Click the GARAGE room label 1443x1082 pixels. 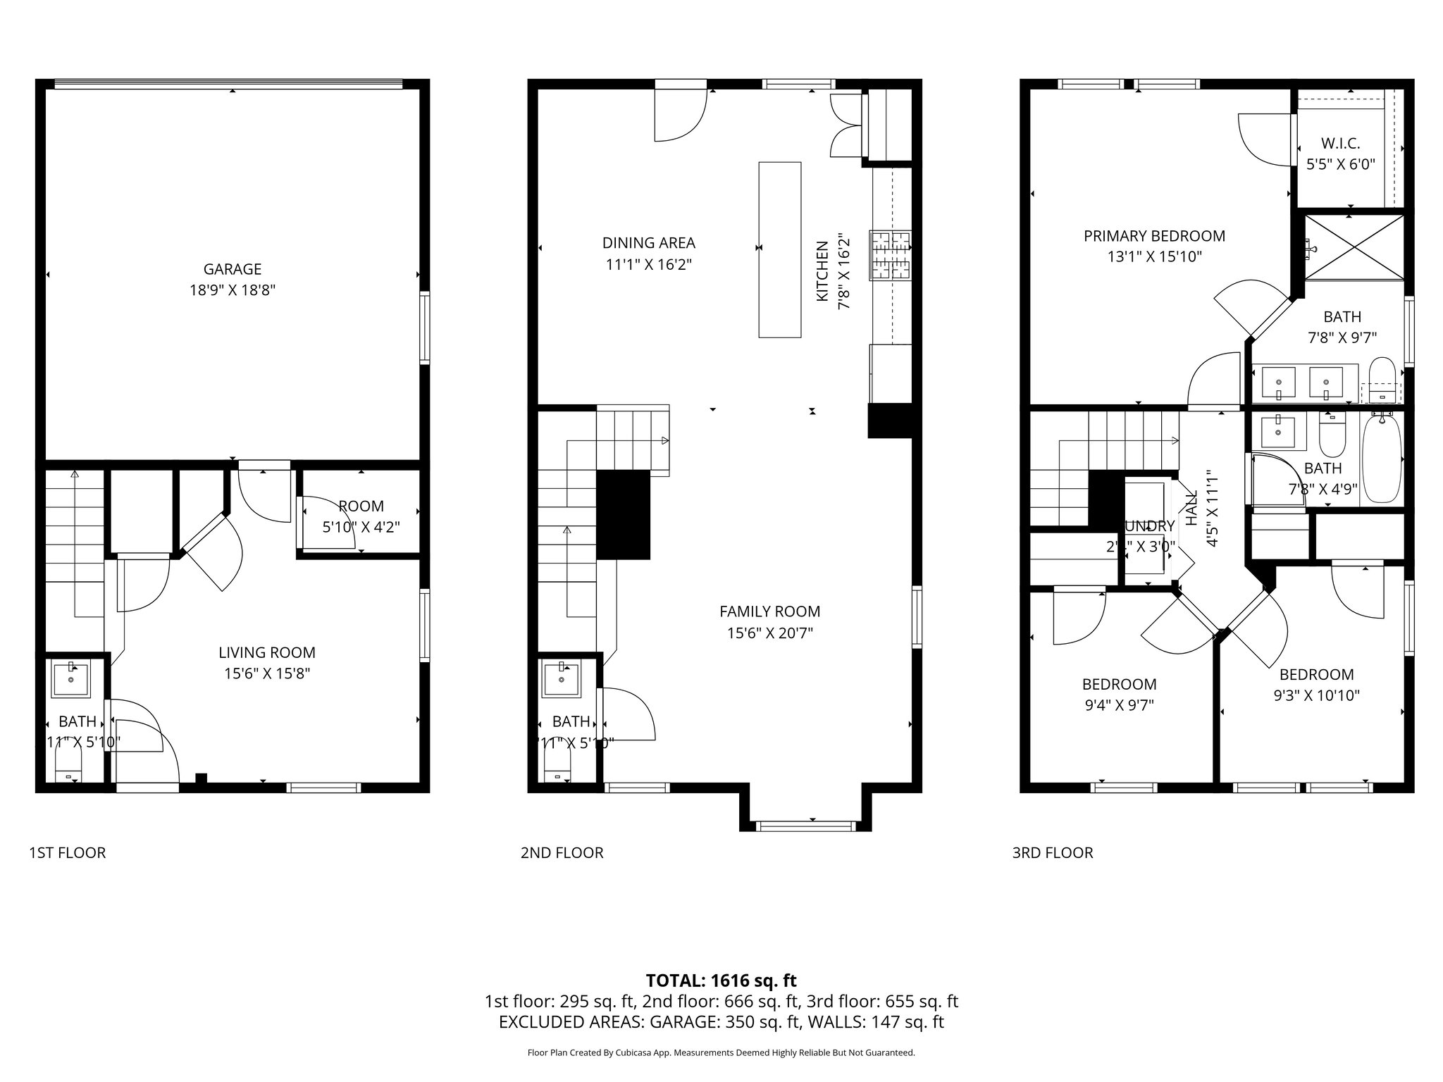(x=232, y=268)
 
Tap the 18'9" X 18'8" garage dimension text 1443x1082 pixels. (x=232, y=290)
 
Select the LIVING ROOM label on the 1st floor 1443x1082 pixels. (x=266, y=652)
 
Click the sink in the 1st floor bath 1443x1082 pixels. (x=71, y=680)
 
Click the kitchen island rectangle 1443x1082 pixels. (x=779, y=249)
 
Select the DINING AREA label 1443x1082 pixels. (x=648, y=243)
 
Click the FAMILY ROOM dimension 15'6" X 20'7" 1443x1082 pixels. (x=769, y=633)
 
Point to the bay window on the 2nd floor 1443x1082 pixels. (x=805, y=825)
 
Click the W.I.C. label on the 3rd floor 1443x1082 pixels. (x=1340, y=143)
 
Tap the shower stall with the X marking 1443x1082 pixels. (x=1354, y=247)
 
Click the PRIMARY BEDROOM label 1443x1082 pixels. (x=1154, y=236)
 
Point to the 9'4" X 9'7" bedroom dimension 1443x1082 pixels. (x=1119, y=705)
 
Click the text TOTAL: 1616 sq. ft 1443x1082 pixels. (x=721, y=980)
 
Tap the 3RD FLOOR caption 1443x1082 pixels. (x=1052, y=853)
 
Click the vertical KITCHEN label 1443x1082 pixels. (x=822, y=271)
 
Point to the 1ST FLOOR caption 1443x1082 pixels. (x=67, y=853)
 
